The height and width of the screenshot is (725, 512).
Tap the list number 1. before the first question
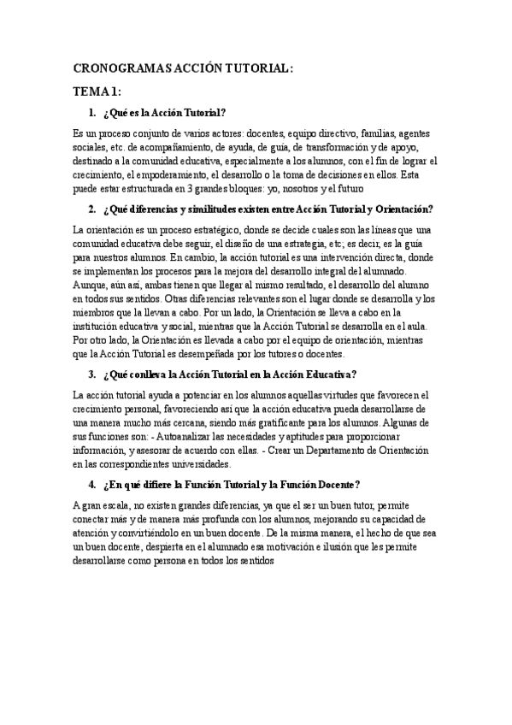pos(92,113)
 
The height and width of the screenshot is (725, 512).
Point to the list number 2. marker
pos(92,209)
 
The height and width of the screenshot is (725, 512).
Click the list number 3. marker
pos(92,374)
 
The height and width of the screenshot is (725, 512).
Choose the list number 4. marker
pos(92,484)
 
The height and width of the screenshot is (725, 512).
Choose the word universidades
pos(196,463)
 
